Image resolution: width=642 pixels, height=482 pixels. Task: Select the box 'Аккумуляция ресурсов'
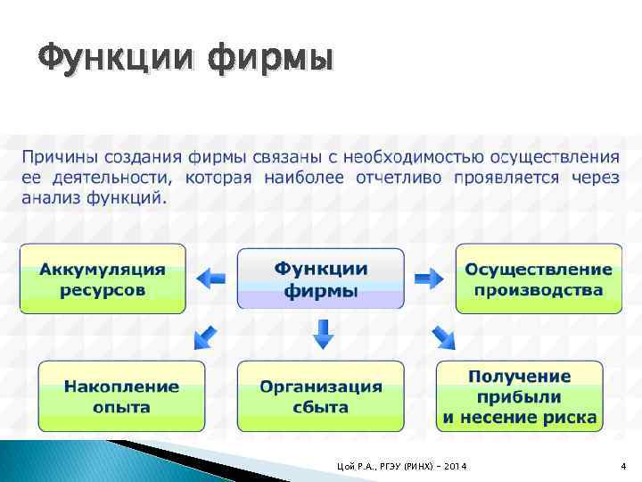103,278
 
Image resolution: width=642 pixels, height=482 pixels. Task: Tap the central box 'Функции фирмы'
320,278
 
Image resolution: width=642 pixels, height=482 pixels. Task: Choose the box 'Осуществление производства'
539,278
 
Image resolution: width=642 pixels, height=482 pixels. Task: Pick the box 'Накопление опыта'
121,396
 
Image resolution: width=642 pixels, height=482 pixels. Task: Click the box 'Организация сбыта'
320,396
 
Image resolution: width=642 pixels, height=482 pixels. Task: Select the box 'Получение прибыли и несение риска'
520,396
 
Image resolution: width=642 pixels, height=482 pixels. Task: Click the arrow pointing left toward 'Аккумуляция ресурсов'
211,278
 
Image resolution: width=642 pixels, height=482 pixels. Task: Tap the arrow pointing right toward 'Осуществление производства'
429,278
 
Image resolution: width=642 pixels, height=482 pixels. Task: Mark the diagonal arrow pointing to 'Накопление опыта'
205,337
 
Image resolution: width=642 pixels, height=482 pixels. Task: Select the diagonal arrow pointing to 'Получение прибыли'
441,337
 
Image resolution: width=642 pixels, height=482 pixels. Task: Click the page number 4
623,466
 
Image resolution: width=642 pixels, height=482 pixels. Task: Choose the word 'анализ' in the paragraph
51,196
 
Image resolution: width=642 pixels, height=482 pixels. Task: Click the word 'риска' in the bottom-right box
571,416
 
